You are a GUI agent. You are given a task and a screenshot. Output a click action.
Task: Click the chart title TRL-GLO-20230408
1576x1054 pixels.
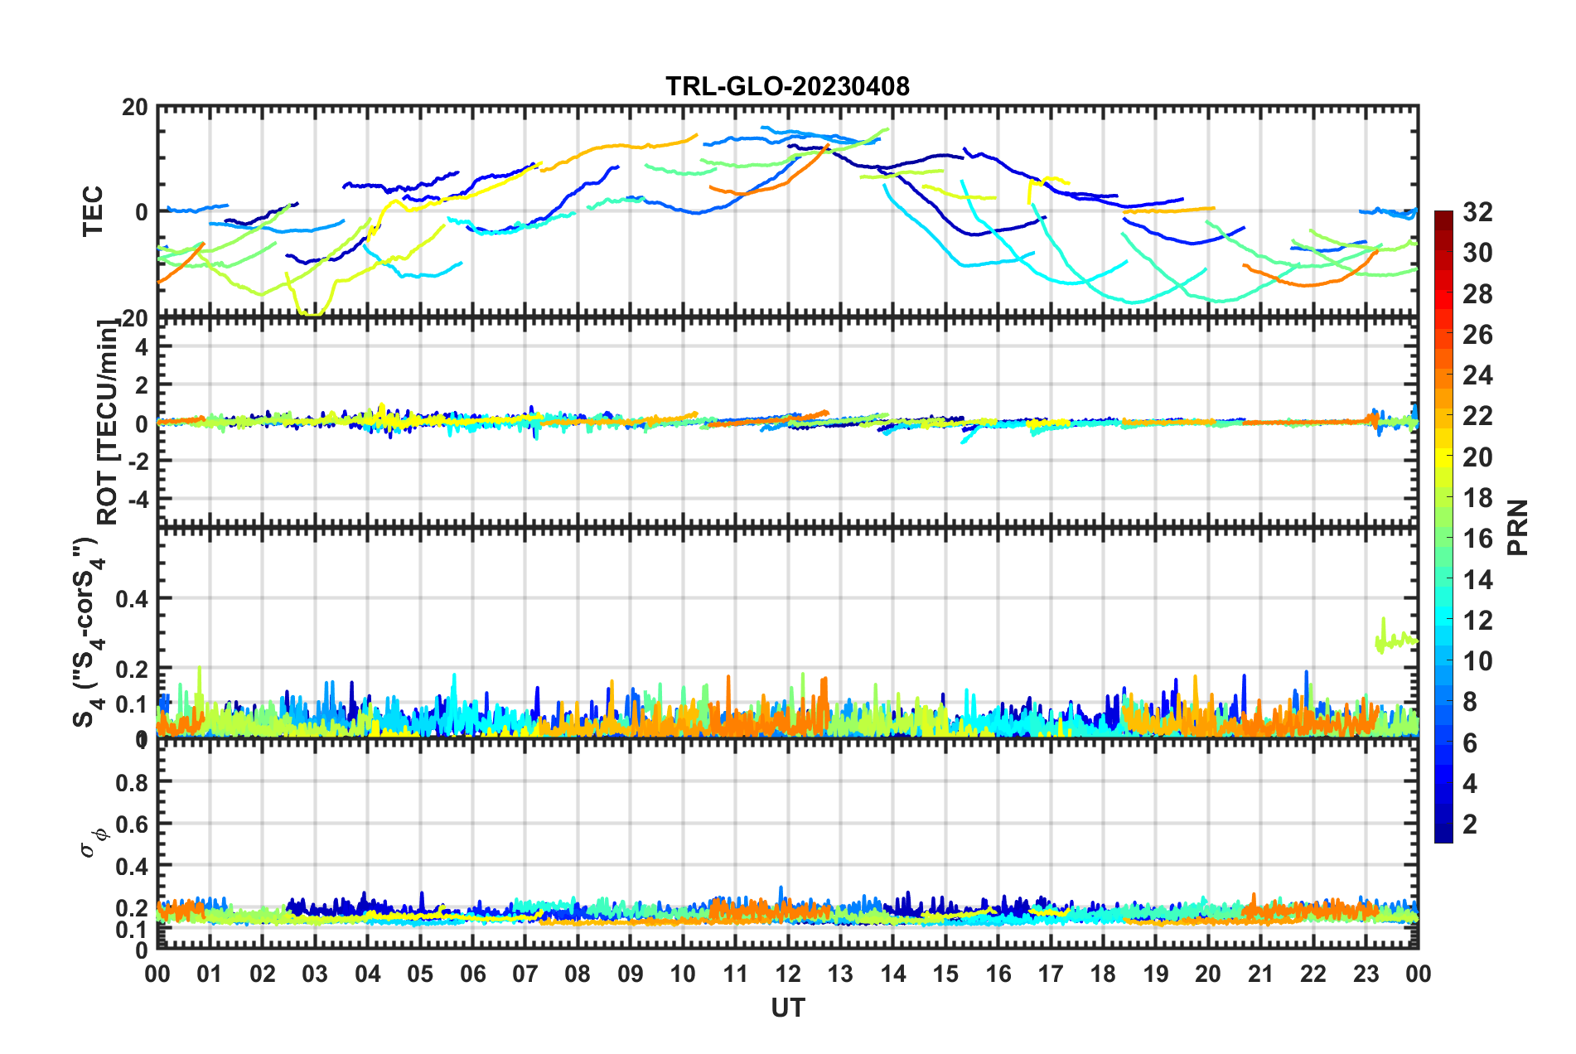[787, 86]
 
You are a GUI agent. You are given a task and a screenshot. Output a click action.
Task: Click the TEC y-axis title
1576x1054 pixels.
[93, 211]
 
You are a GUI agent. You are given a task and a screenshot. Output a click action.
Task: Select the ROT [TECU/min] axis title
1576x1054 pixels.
[107, 423]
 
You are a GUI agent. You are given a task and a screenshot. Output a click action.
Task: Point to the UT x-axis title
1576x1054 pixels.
[787, 1008]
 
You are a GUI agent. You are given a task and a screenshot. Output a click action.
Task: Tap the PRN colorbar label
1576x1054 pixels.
[1517, 528]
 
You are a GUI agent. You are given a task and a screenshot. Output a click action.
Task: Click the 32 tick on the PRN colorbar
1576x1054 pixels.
[1477, 212]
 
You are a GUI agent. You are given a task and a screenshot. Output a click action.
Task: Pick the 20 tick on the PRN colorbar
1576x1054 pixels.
[1477, 457]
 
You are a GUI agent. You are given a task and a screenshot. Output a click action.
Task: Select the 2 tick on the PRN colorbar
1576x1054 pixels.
[1470, 824]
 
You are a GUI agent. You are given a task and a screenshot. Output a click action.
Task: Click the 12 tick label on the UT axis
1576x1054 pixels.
[787, 974]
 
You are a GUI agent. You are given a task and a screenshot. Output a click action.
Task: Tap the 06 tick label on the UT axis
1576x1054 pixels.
[472, 974]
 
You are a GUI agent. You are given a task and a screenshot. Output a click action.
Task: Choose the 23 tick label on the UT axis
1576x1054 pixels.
[1366, 974]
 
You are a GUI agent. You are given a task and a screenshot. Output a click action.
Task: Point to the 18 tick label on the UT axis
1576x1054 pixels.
[1103, 974]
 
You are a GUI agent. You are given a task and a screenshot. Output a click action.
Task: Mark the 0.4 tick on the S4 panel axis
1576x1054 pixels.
[131, 598]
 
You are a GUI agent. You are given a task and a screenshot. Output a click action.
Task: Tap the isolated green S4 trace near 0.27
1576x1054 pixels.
[1397, 641]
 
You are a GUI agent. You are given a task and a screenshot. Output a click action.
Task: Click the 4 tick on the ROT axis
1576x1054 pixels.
[141, 347]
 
